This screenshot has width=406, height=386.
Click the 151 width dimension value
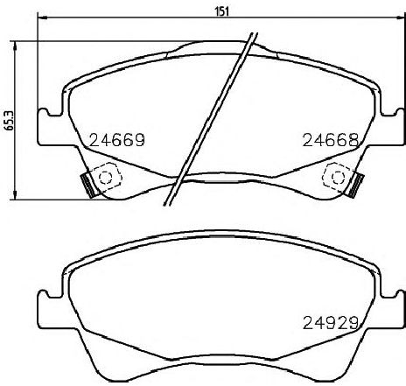coord(222,11)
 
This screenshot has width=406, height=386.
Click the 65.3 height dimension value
coord(10,120)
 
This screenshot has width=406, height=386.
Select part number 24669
coord(117,140)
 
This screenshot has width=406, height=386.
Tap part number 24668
coord(331,140)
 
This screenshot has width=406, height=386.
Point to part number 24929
coord(331,323)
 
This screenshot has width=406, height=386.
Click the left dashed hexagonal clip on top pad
coord(106,177)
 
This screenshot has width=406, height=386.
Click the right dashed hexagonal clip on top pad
coord(338,177)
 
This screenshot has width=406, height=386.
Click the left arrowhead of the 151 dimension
coord(41,18)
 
